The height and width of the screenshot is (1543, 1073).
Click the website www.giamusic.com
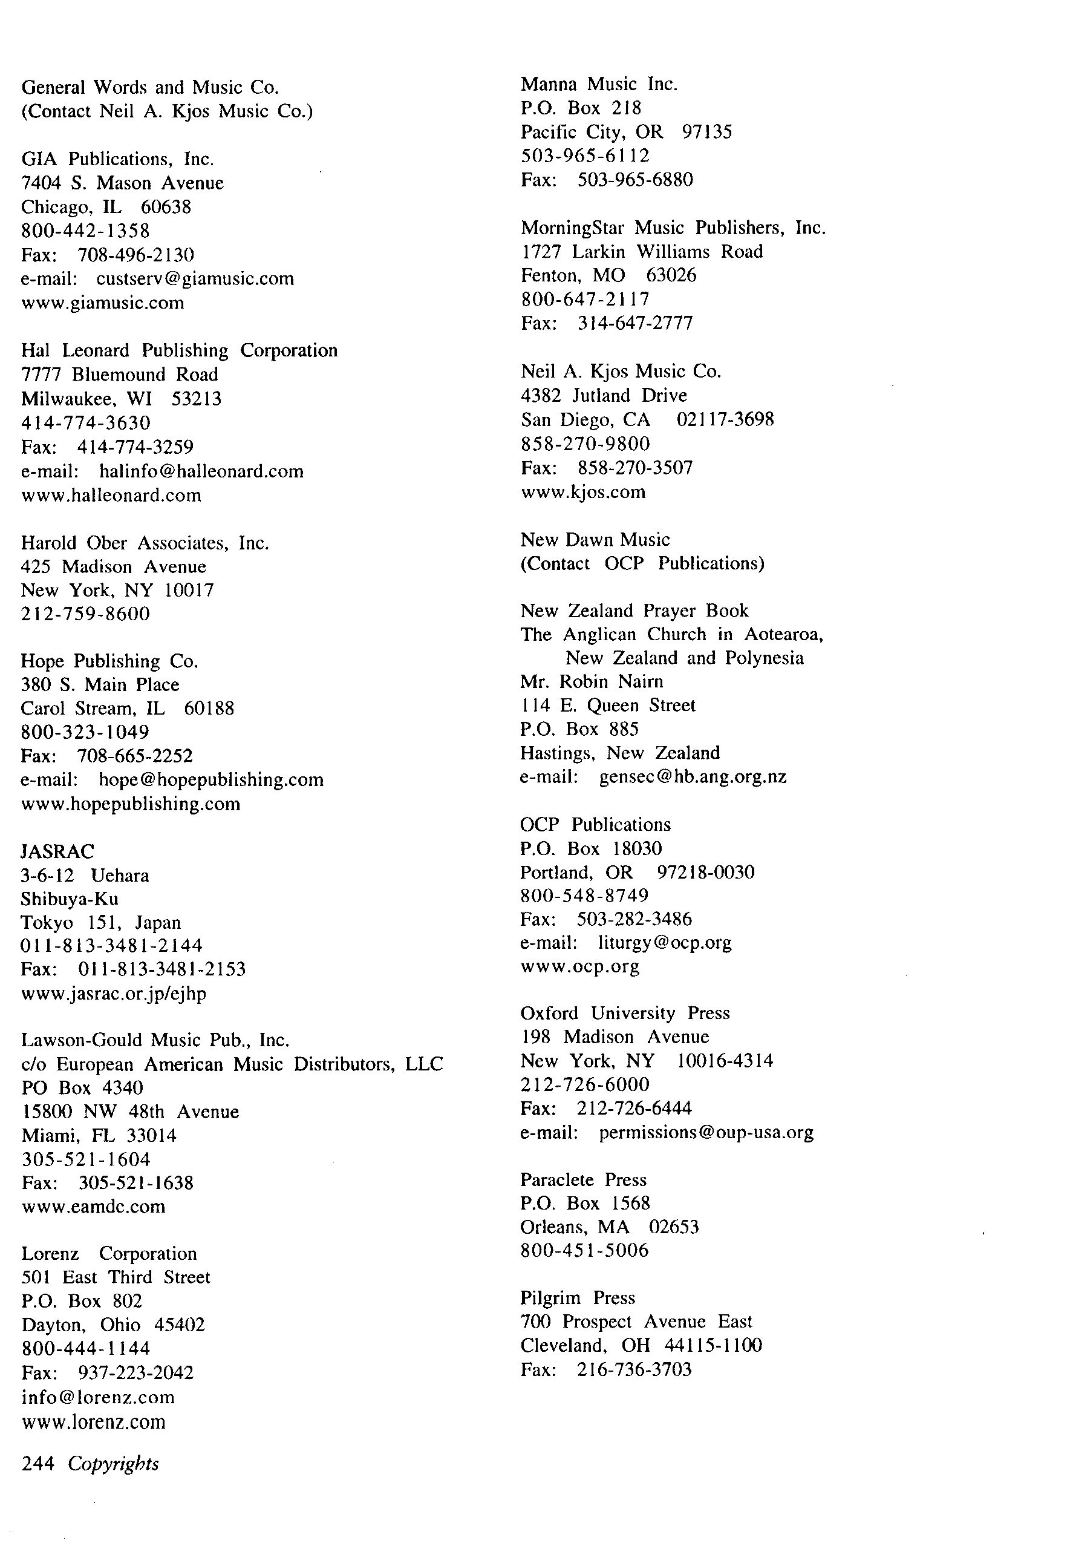(103, 303)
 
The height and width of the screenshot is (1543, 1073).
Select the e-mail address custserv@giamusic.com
(195, 278)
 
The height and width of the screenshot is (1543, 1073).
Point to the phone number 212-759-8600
(85, 614)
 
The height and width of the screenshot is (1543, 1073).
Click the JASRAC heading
(58, 851)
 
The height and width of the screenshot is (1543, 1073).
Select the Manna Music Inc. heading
(599, 84)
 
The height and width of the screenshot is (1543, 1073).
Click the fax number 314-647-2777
(634, 323)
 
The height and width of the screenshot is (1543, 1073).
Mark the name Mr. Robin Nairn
(592, 681)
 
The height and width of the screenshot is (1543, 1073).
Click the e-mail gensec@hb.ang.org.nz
(692, 777)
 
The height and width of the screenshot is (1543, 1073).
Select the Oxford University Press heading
(624, 1013)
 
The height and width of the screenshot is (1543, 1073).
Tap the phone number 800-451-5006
(584, 1250)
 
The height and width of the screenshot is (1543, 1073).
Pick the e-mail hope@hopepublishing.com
(211, 779)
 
